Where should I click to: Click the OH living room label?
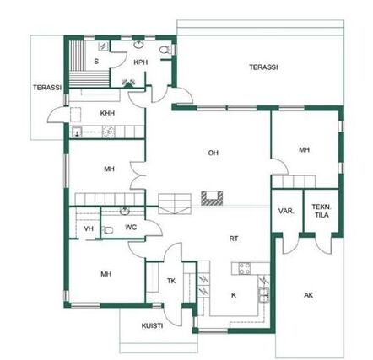click(214, 153)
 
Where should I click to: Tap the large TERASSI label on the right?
click(263, 67)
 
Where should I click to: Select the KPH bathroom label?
click(141, 62)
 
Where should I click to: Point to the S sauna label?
click(96, 62)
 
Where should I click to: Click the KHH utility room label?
click(107, 113)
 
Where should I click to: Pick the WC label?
click(131, 228)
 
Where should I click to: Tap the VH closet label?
click(89, 228)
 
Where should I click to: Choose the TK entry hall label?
click(171, 281)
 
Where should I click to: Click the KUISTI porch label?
click(152, 326)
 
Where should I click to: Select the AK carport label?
click(309, 295)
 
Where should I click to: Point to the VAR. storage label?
click(286, 211)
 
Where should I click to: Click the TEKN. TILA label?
click(322, 211)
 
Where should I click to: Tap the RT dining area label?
click(234, 239)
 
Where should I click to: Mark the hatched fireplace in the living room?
click(212, 197)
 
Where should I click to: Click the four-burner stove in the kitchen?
click(245, 268)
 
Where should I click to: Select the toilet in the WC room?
click(107, 230)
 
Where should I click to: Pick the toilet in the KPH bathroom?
click(165, 50)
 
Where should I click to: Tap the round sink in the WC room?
click(125, 211)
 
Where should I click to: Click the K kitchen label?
click(234, 295)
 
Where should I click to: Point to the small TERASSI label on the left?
click(47, 88)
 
